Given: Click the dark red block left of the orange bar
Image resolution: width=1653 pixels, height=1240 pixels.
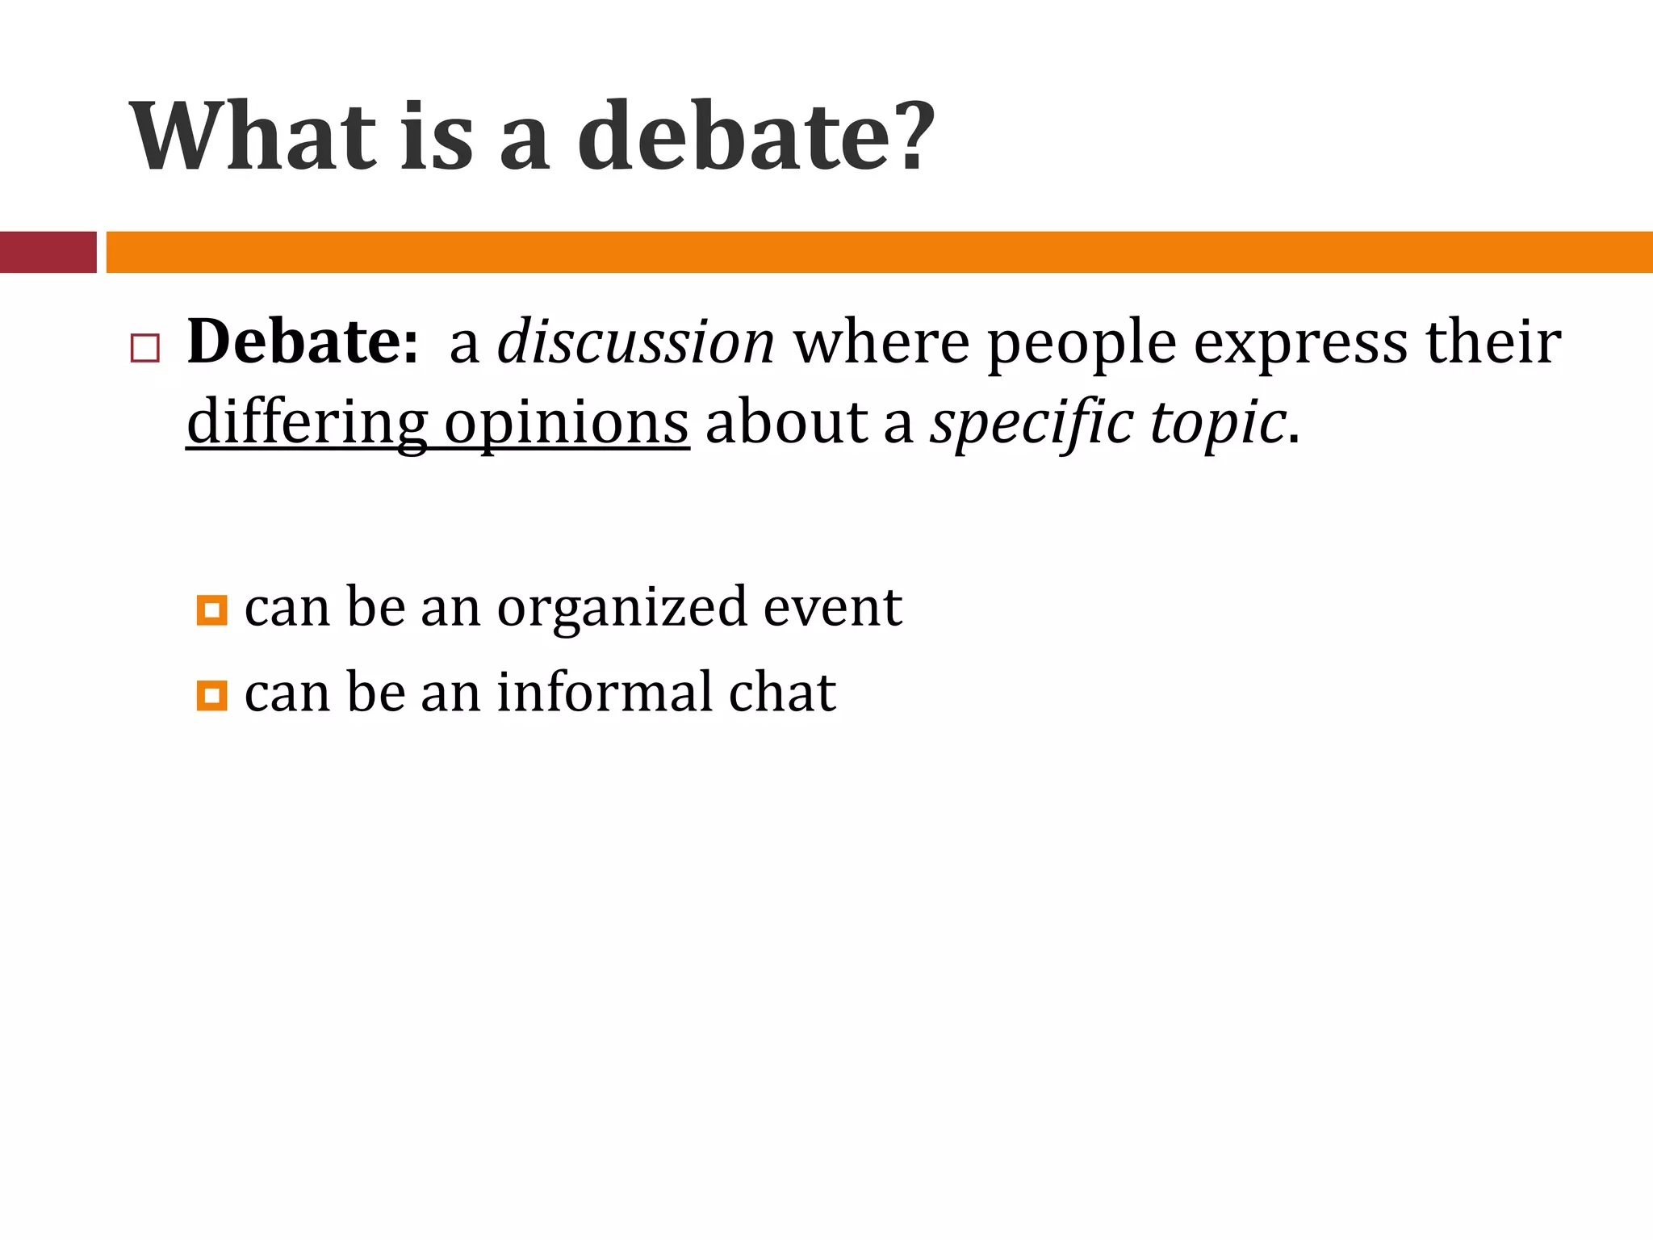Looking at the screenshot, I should tap(48, 252).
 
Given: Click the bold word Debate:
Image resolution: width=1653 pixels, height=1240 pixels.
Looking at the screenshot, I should tap(303, 342).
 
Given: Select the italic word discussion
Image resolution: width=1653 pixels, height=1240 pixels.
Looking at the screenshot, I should tap(636, 342).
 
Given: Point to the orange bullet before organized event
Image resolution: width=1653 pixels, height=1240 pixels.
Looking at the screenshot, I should tap(211, 610).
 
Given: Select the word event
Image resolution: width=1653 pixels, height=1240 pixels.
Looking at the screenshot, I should tap(833, 607).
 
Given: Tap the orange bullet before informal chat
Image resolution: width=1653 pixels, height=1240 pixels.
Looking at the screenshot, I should tap(211, 695).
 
